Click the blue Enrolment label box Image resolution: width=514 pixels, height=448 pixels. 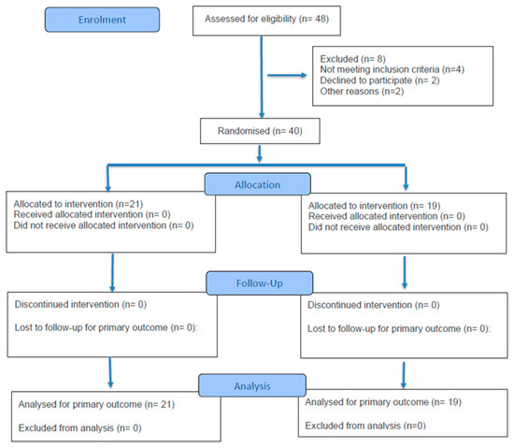tap(102, 20)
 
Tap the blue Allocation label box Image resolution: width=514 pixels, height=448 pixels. tap(257, 184)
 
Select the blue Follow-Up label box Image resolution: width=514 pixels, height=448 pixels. tap(259, 283)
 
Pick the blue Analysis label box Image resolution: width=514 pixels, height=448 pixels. tap(252, 385)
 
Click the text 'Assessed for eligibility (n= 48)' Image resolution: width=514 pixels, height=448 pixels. tap(267, 19)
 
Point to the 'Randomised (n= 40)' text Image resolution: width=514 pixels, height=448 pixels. tap(260, 131)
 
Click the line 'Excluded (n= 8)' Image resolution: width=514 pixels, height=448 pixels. tap(352, 59)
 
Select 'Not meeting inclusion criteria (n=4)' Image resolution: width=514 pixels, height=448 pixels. tap(393, 69)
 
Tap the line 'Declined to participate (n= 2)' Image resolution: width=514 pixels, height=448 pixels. tap(379, 80)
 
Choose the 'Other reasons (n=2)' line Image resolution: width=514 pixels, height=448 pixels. tap(362, 91)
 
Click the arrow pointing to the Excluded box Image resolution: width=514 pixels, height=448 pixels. tap(287, 76)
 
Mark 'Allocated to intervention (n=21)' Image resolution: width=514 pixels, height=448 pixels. tap(79, 204)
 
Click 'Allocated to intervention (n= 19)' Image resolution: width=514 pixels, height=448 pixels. tap(374, 206)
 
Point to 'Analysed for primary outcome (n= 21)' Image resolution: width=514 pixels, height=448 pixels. tap(96, 404)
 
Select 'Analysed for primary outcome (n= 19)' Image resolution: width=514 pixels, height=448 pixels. tap(383, 402)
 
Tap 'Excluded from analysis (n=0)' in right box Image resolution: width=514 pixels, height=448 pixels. tap(365, 426)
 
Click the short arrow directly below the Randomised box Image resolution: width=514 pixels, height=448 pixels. tap(259, 153)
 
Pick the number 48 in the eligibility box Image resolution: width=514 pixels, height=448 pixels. tap(321, 19)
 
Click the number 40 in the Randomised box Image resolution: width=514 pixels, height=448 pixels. tap(295, 131)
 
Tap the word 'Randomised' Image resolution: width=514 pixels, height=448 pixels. tap(244, 131)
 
